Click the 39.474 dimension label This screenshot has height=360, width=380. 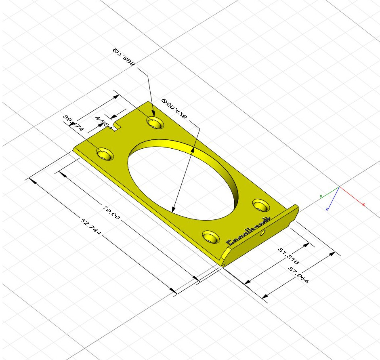73,123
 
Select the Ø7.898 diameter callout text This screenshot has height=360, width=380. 124,56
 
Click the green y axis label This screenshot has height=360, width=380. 321,196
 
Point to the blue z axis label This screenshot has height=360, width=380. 326,209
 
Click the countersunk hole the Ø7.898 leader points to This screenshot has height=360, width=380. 155,122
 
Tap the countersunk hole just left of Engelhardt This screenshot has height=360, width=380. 211,236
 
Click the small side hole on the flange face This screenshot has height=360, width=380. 263,233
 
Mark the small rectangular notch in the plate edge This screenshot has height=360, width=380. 117,127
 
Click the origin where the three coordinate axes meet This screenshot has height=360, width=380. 339,187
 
